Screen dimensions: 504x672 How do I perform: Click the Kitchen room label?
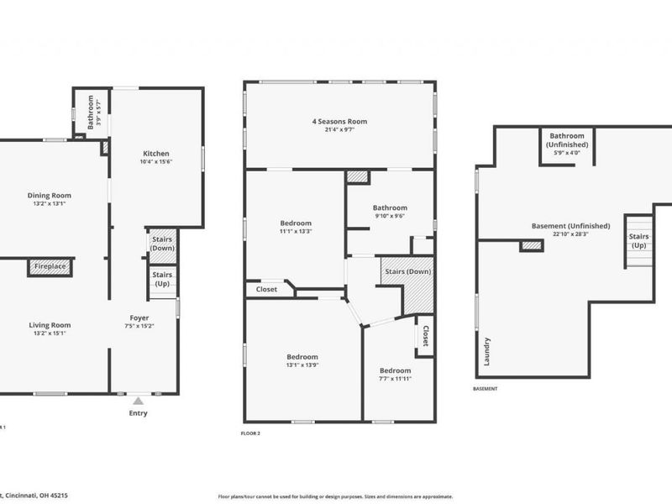(x=156, y=154)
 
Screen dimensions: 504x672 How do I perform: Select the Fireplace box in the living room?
(x=50, y=267)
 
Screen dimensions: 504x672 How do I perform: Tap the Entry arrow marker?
(x=138, y=402)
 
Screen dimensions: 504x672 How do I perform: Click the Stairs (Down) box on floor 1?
(x=162, y=244)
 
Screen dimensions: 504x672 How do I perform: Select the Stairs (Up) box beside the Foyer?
(x=162, y=279)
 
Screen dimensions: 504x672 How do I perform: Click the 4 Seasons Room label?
(x=339, y=122)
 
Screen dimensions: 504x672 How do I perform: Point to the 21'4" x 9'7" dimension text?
(x=339, y=130)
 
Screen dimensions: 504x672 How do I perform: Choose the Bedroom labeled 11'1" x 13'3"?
(x=296, y=223)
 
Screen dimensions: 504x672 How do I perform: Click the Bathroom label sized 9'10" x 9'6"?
(x=390, y=207)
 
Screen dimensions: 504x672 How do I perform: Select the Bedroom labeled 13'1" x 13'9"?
(x=302, y=357)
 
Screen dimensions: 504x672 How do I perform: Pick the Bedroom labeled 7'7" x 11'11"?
(x=395, y=370)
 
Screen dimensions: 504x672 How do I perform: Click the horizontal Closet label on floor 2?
(x=266, y=289)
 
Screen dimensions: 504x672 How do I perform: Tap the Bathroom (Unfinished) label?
(x=569, y=139)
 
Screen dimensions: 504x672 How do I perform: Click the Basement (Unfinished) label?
(x=570, y=226)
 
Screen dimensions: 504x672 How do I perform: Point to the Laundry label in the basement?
(x=486, y=352)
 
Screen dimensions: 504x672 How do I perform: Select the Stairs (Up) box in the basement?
(x=638, y=240)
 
